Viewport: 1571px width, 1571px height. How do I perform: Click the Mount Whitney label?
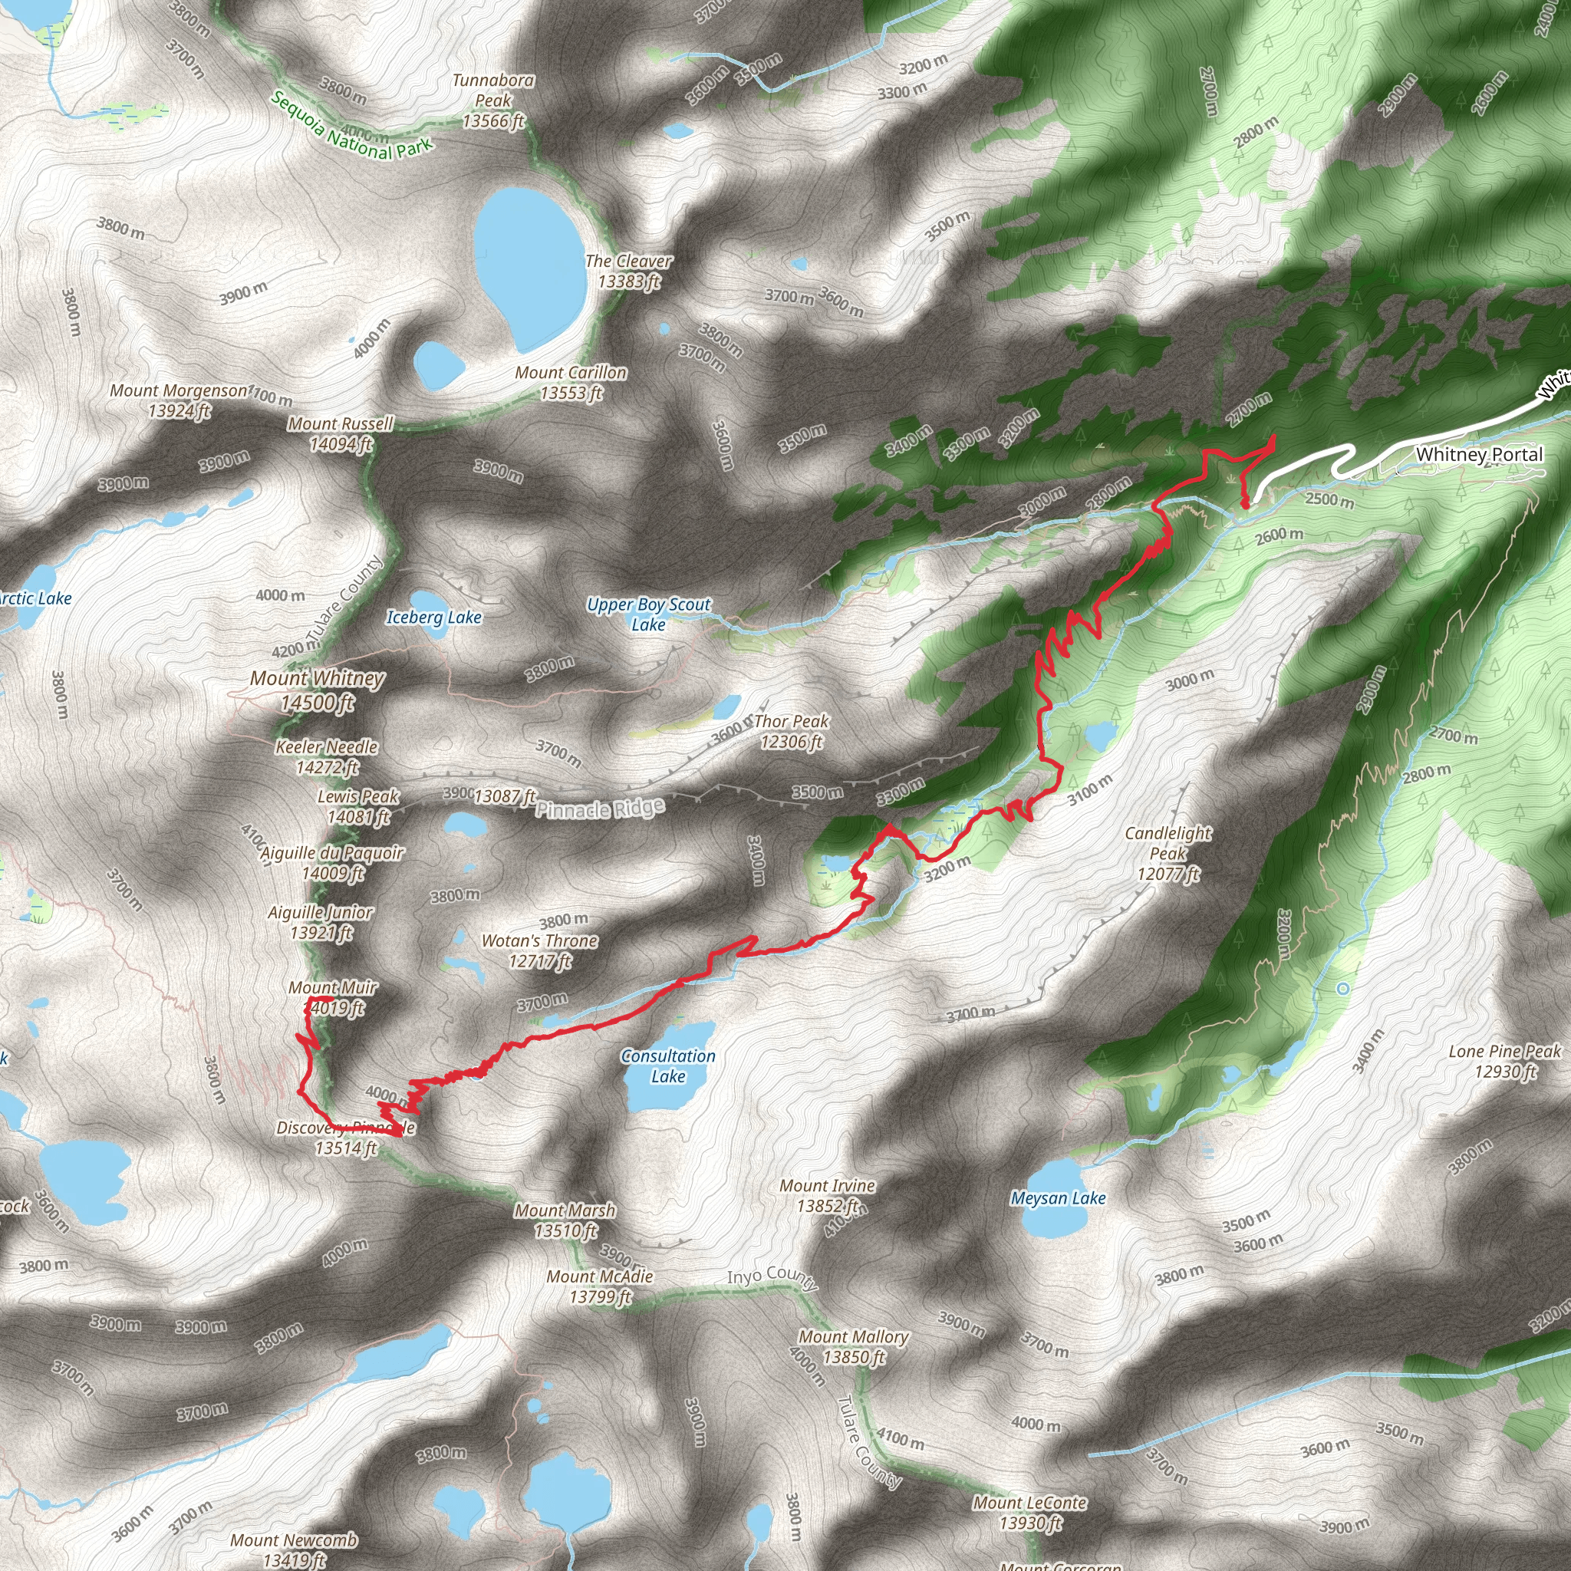(x=317, y=690)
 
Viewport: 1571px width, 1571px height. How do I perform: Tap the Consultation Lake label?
(x=668, y=1066)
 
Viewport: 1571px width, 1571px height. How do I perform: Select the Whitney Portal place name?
(x=1479, y=454)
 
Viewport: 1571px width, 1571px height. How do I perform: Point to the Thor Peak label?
(x=791, y=731)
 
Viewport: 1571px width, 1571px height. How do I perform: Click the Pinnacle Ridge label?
(x=600, y=809)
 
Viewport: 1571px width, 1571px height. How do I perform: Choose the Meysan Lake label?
(x=1058, y=1197)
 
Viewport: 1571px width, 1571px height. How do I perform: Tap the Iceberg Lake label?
(x=434, y=618)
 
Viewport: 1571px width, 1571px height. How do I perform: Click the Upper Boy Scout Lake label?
(x=649, y=614)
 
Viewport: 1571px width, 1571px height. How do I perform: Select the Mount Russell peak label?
(x=341, y=433)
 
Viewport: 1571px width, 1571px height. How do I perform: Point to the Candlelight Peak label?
(x=1168, y=854)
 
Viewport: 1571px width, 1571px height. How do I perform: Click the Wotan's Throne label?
(x=540, y=950)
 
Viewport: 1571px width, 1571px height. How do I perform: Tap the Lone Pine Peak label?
(x=1505, y=1061)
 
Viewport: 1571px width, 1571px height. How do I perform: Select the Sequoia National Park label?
(x=351, y=126)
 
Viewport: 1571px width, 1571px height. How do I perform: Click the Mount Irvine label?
(x=828, y=1195)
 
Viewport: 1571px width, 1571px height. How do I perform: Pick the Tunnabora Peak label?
(x=493, y=100)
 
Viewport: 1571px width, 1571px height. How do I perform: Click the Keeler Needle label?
(x=327, y=756)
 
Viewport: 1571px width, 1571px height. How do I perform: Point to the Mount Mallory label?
(x=854, y=1346)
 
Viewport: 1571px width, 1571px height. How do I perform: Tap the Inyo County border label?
(x=772, y=1276)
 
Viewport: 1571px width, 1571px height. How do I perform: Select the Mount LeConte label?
(x=1030, y=1513)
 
